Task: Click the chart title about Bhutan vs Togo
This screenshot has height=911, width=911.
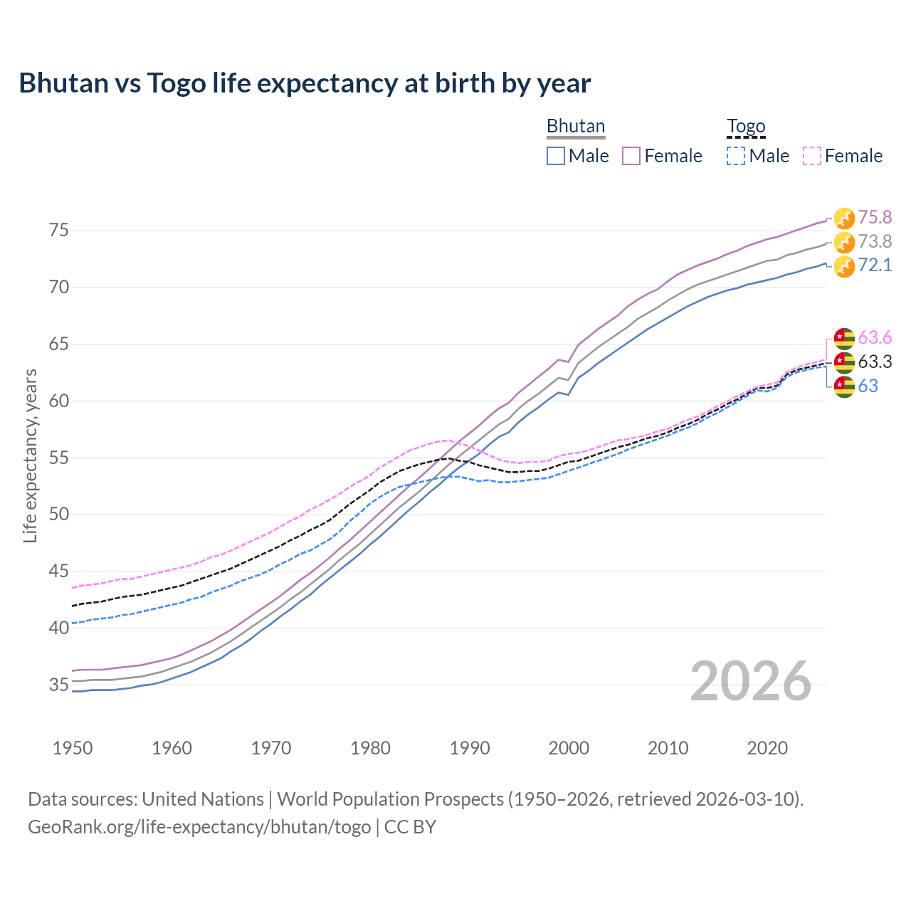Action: point(305,83)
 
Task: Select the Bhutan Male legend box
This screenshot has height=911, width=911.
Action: point(556,156)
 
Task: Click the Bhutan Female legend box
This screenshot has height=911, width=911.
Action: point(631,156)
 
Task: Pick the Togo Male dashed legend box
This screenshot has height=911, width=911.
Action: point(736,156)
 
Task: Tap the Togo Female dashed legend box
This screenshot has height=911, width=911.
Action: point(812,156)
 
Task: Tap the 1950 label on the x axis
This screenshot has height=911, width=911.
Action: point(73,748)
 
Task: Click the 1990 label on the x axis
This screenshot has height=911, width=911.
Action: point(470,748)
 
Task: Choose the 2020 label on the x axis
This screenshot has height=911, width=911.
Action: point(767,748)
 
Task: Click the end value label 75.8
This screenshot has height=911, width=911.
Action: point(875,217)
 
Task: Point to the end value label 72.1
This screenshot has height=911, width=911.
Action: point(875,265)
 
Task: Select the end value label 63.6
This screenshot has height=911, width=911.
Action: point(875,337)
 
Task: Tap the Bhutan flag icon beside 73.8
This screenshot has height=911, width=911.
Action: point(844,242)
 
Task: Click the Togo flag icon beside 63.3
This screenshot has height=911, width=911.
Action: point(844,362)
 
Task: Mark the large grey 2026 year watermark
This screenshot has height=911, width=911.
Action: point(751,681)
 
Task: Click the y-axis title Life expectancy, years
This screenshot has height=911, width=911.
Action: point(31,455)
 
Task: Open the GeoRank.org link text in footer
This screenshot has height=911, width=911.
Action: point(199,827)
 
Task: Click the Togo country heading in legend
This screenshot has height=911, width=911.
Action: point(746,127)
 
